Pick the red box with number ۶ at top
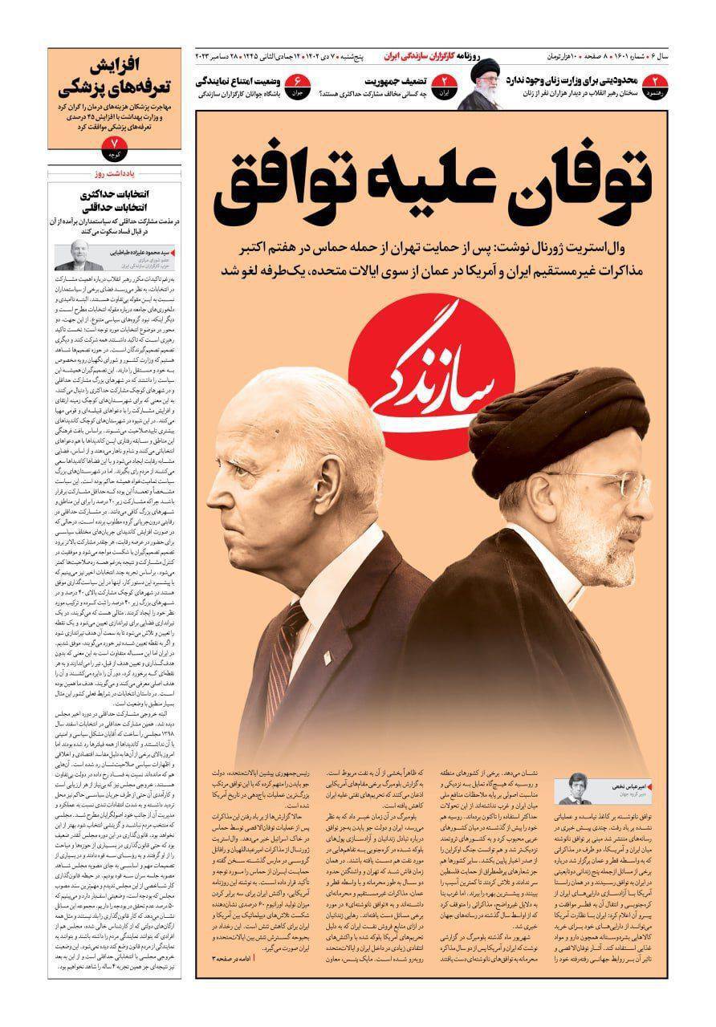point(297,83)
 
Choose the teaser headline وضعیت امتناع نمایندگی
point(238,81)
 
